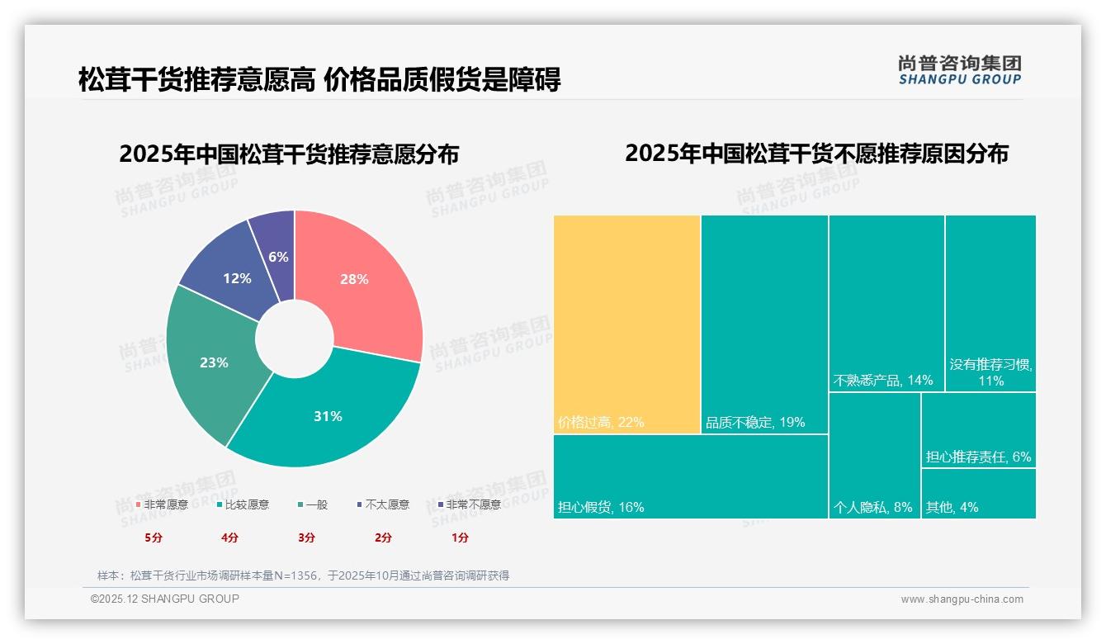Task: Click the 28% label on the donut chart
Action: pos(354,279)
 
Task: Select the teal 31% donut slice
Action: pos(328,416)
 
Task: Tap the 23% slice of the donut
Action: pos(214,362)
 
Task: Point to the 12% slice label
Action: pos(237,278)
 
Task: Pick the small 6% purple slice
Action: pos(278,257)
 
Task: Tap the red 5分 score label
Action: pos(154,537)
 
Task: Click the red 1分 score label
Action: pos(460,537)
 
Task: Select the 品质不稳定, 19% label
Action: pos(754,423)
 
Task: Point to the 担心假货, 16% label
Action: pos(601,507)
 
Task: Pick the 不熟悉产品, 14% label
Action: pos(883,381)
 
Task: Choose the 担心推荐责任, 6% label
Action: pos(978,457)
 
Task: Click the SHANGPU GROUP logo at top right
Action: pos(960,70)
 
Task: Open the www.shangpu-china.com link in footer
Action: pos(962,599)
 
